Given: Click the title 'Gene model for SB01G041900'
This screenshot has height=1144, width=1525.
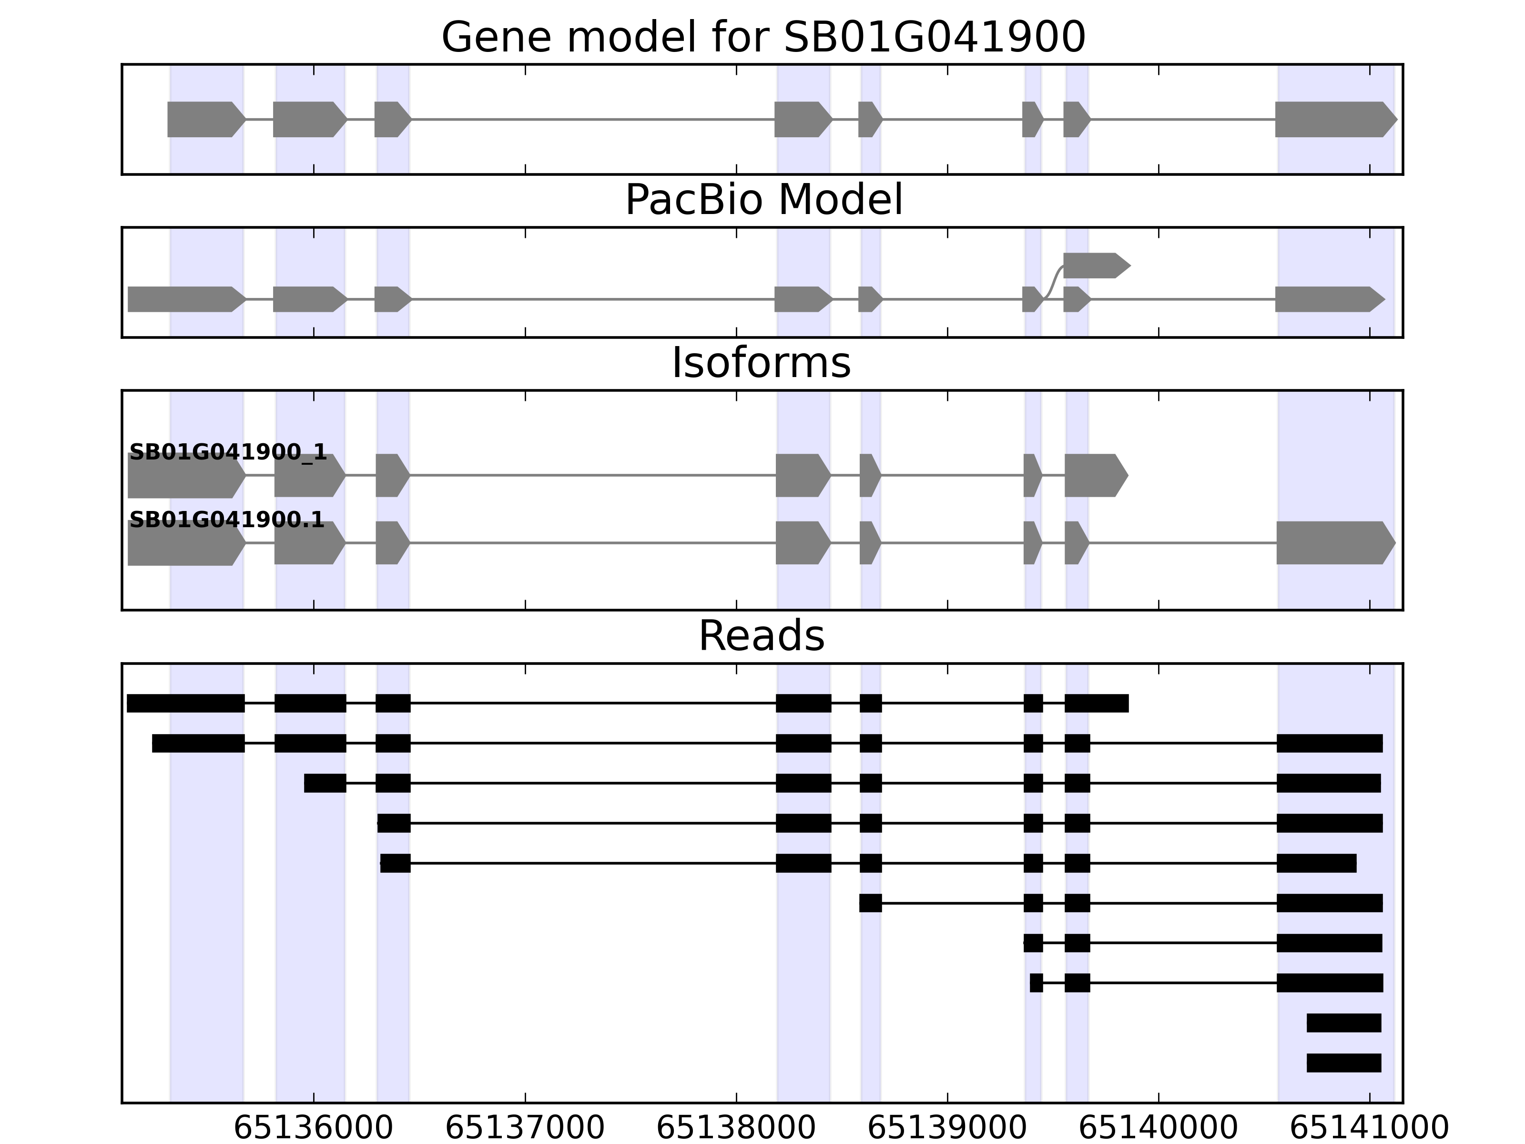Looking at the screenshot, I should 763,37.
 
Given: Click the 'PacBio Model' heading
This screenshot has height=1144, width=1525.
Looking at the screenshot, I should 763,200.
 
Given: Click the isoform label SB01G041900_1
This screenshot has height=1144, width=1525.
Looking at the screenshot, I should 227,452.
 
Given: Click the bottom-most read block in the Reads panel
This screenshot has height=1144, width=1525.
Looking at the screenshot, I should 1344,1062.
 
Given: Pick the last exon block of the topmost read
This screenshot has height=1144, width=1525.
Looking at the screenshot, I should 1096,704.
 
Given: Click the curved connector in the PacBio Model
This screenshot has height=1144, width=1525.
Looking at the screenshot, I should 1053,283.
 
